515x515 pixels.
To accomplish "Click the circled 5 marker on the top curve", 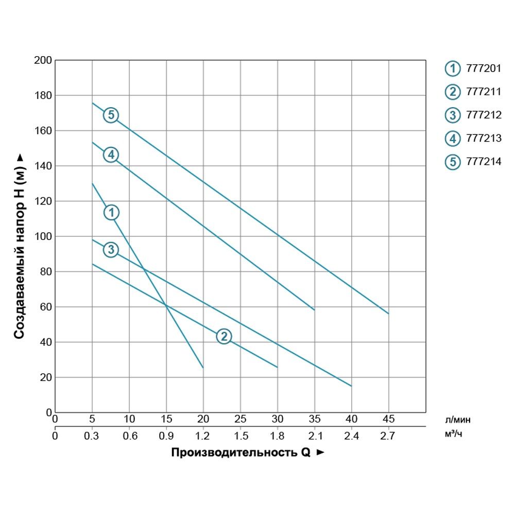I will pyautogui.click(x=111, y=115).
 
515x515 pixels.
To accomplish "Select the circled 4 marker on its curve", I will pyautogui.click(x=111, y=154).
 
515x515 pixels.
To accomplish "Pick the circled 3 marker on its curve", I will pyautogui.click(x=111, y=250).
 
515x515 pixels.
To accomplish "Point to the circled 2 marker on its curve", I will pyautogui.click(x=224, y=336).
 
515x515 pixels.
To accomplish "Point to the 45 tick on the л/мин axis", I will pyautogui.click(x=389, y=419).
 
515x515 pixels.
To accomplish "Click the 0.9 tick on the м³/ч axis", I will pyautogui.click(x=166, y=436).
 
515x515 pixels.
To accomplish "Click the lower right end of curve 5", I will pyautogui.click(x=388, y=313).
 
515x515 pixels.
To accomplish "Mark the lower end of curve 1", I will pyautogui.click(x=203, y=368).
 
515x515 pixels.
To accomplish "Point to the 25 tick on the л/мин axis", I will pyautogui.click(x=240, y=419).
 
